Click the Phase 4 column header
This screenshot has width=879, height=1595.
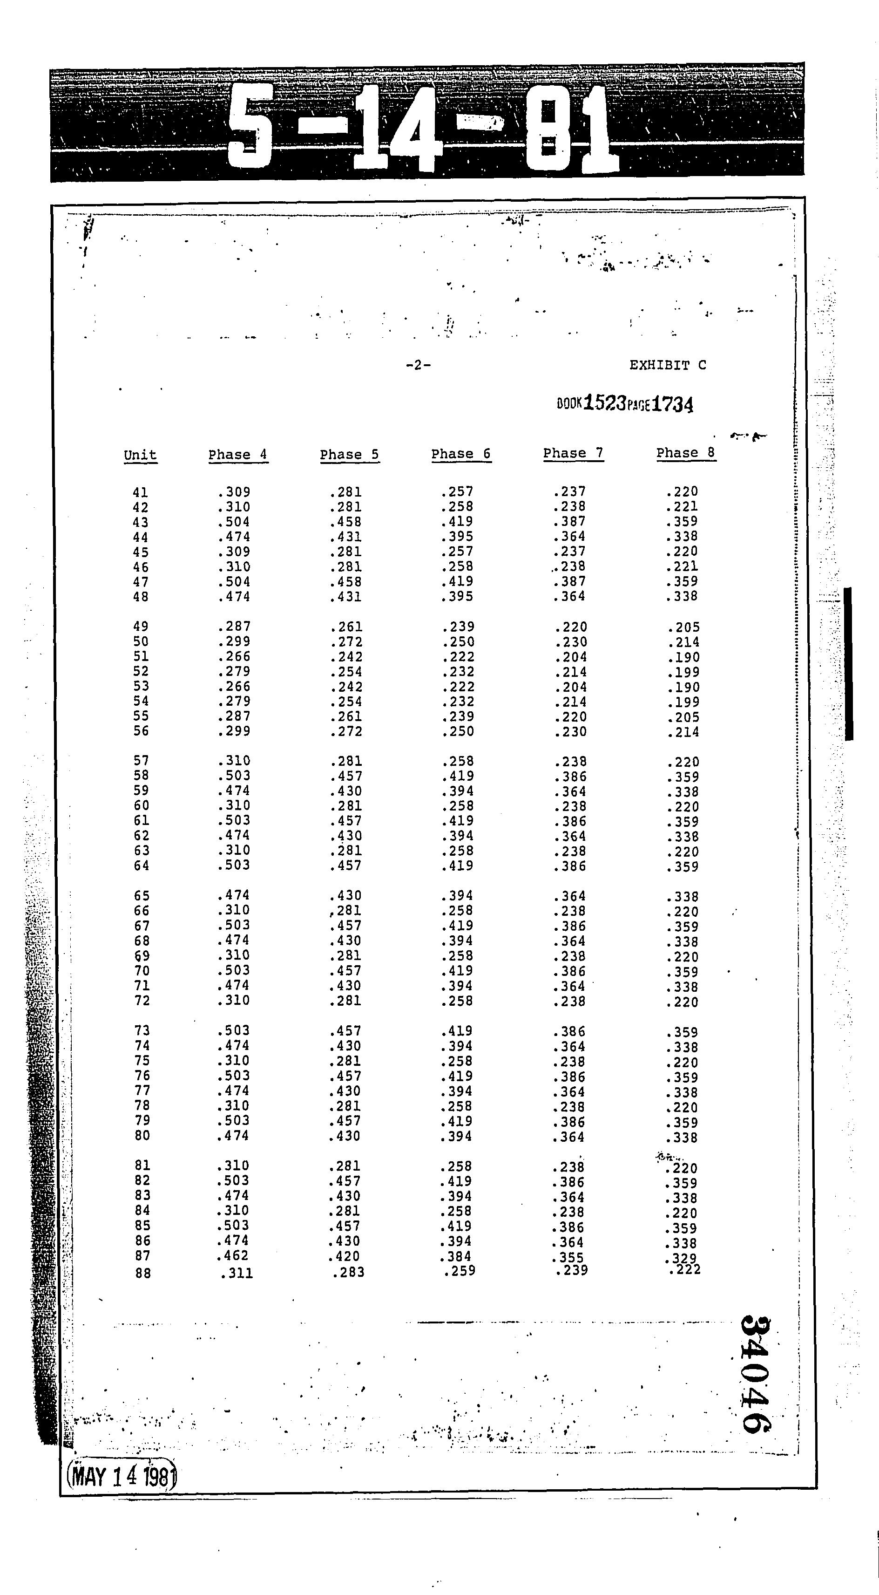coord(238,455)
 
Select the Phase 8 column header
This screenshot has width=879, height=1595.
coord(685,453)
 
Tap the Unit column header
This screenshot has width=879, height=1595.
coord(141,455)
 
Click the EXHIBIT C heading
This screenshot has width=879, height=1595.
coord(667,365)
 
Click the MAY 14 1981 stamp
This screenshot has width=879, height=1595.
coord(122,1477)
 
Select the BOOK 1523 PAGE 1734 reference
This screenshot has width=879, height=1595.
coord(625,404)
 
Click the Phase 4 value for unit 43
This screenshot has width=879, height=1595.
coord(234,522)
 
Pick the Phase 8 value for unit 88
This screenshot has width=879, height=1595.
coord(685,1269)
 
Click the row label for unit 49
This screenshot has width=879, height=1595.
coord(141,627)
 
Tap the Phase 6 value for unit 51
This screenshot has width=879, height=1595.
coord(458,657)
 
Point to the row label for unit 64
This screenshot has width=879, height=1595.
coord(142,866)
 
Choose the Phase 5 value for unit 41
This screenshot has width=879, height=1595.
coord(345,492)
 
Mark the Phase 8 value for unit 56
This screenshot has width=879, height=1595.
coord(683,732)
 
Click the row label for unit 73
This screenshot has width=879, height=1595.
coord(142,1030)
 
